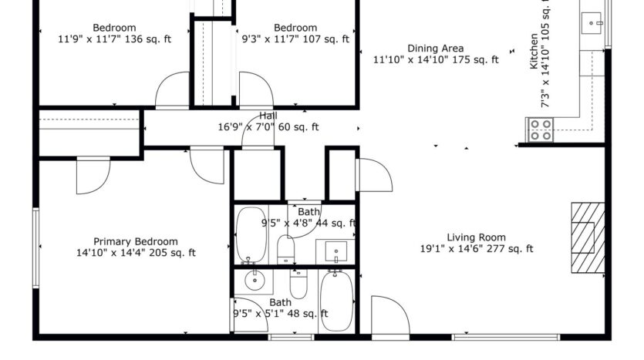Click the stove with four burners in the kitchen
coord(541,129)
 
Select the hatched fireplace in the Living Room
coord(587,237)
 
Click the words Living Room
coord(476,237)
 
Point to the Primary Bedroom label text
coord(135,241)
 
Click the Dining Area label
coord(435,48)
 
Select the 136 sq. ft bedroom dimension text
coord(114,39)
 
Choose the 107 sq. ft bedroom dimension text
coord(295,39)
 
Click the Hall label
coord(268,116)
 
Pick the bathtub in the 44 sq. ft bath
coord(250,234)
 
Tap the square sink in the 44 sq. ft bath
coord(335,251)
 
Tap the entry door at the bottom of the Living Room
coord(389,316)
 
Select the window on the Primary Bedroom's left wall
coord(35,247)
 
